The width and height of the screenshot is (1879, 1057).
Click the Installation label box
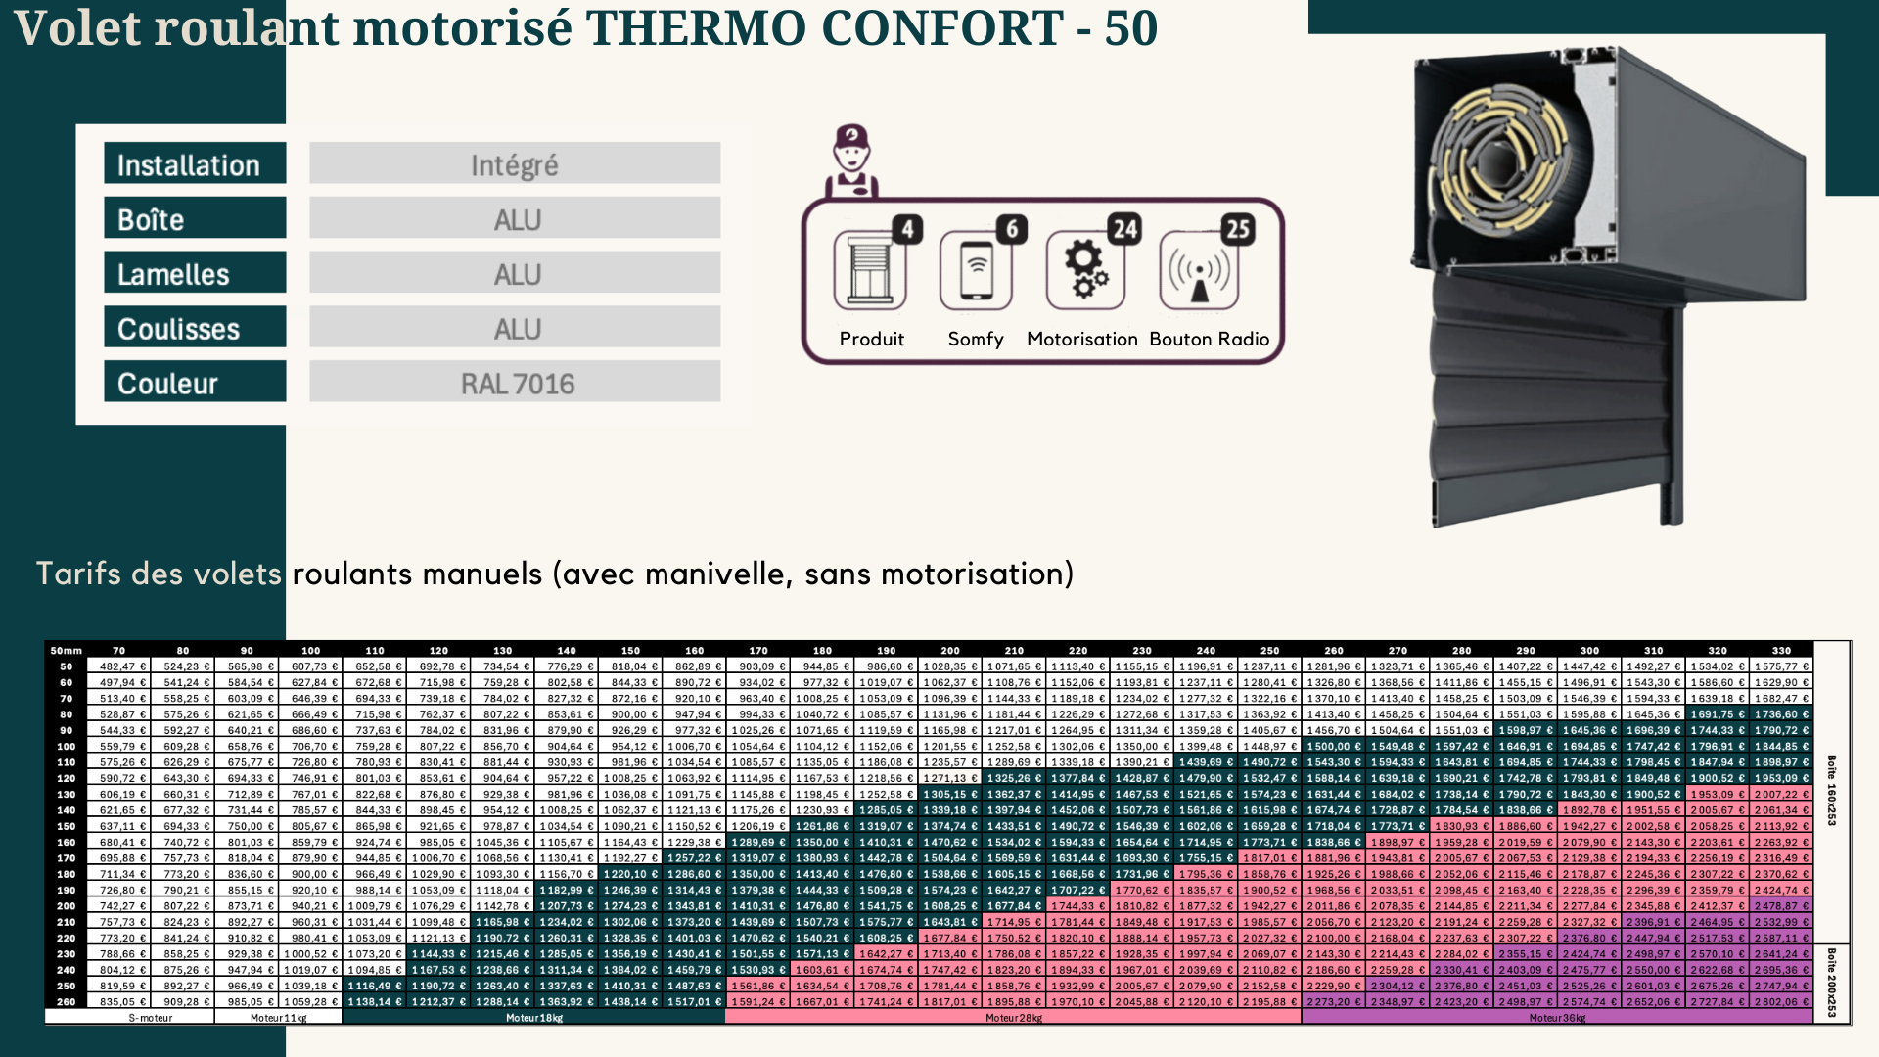(x=195, y=163)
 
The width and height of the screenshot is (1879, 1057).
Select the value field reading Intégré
(x=515, y=163)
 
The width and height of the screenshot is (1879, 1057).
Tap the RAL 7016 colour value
(x=515, y=383)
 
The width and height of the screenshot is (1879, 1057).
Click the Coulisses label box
(x=195, y=328)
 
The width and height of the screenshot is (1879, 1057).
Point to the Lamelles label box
(x=195, y=273)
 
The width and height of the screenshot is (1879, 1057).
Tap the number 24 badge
(x=1124, y=229)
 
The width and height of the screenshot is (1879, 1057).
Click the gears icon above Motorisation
(x=1085, y=270)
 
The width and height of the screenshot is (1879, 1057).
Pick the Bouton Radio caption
(x=1209, y=339)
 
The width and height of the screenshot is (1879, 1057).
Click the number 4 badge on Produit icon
(x=907, y=229)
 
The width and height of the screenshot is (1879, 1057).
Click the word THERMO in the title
(x=697, y=27)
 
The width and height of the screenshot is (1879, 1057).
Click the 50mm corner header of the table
(x=67, y=650)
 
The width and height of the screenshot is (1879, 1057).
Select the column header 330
(x=1781, y=650)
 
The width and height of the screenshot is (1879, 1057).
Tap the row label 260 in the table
(x=67, y=1001)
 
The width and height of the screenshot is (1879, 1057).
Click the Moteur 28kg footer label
(x=1014, y=1018)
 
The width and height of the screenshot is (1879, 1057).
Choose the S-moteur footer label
(x=151, y=1018)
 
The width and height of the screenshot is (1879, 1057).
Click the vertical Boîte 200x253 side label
(x=1831, y=982)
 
